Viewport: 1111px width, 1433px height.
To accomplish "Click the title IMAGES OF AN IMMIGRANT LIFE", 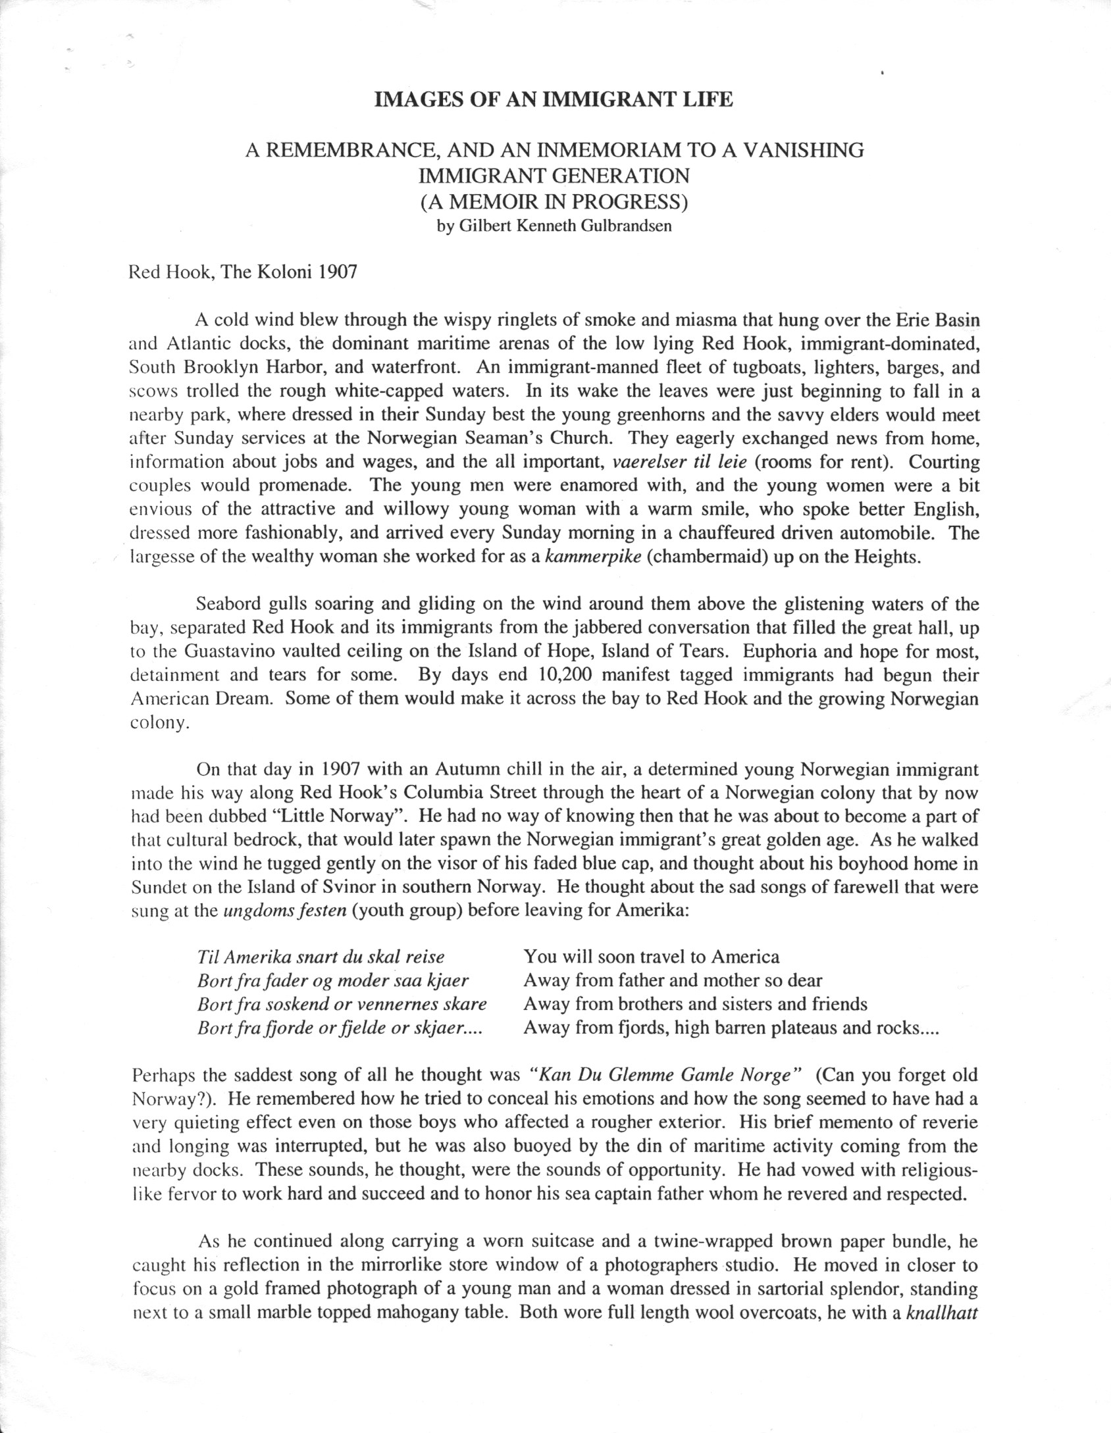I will [x=553, y=100].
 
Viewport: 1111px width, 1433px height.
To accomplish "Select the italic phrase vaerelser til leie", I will [x=680, y=462].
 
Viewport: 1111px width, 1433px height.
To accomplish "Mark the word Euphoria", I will [x=776, y=651].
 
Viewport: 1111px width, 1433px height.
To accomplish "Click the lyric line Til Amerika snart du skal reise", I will [x=321, y=957].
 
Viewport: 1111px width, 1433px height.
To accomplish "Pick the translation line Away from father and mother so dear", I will [x=673, y=980].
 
